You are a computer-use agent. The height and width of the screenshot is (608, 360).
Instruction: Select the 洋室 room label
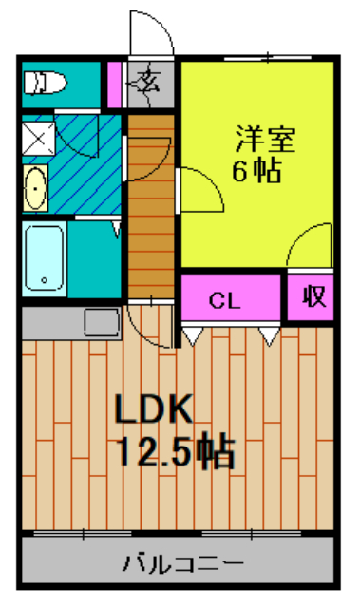pyautogui.click(x=266, y=141)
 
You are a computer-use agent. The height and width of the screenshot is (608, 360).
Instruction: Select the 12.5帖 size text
pyautogui.click(x=176, y=452)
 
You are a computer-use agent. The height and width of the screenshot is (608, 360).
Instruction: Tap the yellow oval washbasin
pyautogui.click(x=35, y=187)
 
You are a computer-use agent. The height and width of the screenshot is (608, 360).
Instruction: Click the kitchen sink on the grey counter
pyautogui.click(x=100, y=323)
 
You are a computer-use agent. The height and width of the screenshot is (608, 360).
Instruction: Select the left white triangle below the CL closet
pyautogui.click(x=193, y=334)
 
